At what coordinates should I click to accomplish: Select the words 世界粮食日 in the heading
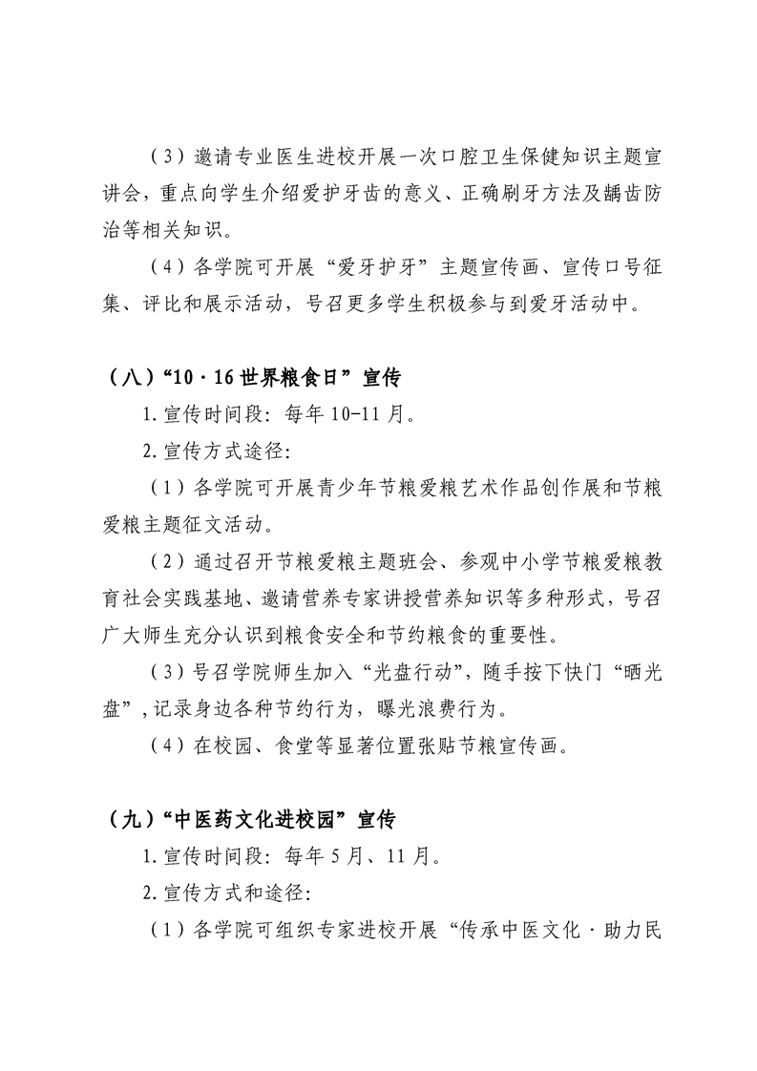coord(279,379)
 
